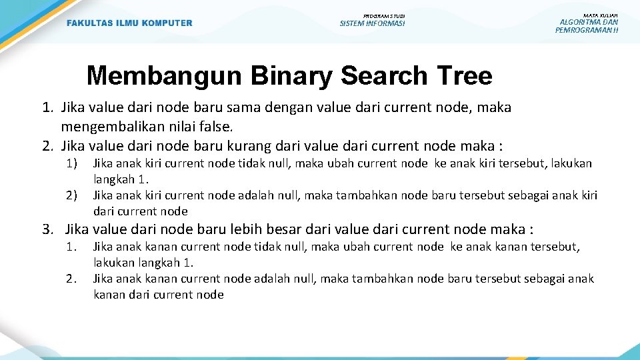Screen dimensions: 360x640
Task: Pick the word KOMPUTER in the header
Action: [165, 23]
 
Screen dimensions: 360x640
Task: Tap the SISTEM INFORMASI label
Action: [372, 24]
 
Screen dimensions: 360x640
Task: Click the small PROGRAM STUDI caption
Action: [384, 15]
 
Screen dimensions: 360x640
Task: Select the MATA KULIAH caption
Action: [600, 15]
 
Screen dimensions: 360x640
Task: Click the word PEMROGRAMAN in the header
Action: [581, 30]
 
